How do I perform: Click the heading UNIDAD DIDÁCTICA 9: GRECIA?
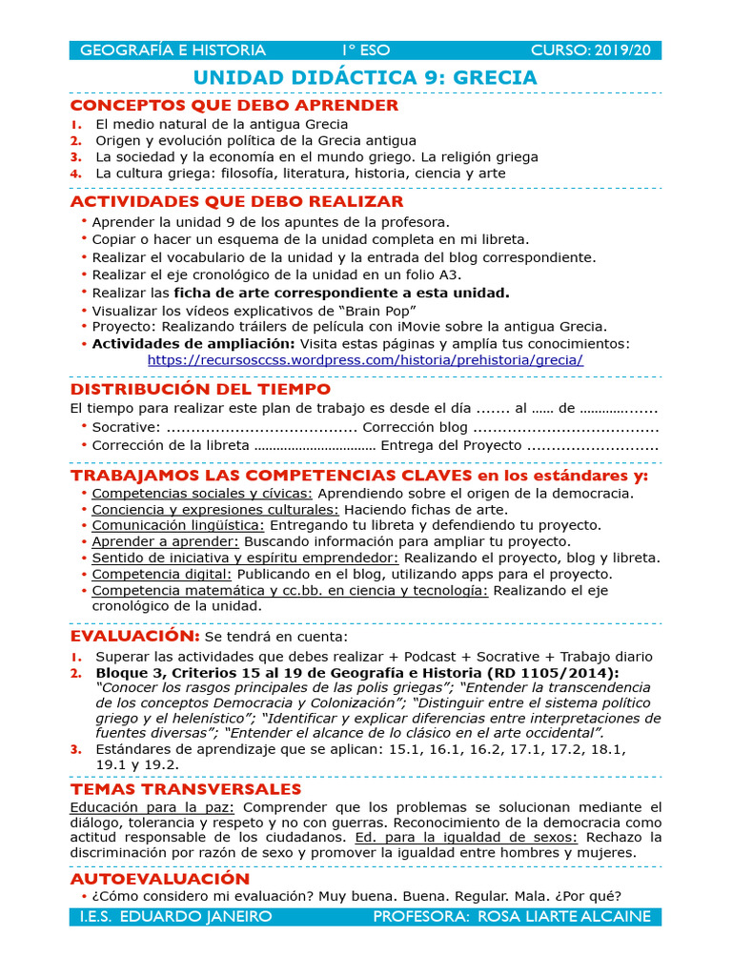(x=365, y=77)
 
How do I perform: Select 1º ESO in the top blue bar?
(x=366, y=51)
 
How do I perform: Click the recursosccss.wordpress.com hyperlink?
(x=365, y=360)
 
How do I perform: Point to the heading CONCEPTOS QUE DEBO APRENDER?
(x=234, y=105)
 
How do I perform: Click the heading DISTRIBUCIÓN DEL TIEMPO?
(x=201, y=389)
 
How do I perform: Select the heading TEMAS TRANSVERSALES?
(x=186, y=789)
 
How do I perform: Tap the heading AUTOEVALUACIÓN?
(x=160, y=878)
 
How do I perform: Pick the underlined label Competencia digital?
(x=162, y=574)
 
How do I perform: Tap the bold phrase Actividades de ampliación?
(x=193, y=343)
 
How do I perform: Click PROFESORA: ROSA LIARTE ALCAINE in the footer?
(x=512, y=916)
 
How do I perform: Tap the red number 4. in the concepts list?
(x=75, y=173)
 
